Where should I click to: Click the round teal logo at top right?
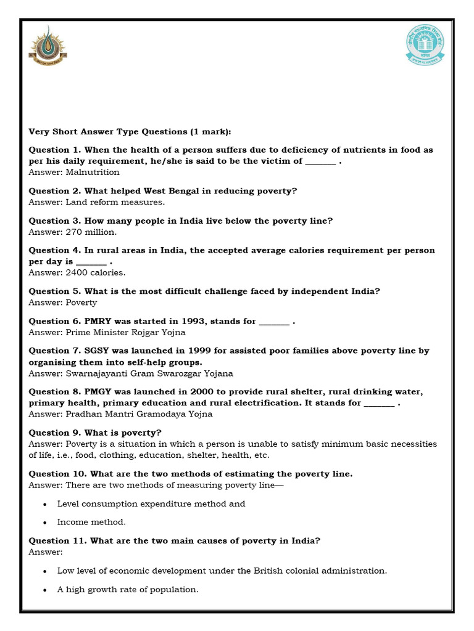pos(425,45)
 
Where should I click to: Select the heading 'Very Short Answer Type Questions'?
pos(130,132)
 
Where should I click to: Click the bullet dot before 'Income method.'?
pos(45,523)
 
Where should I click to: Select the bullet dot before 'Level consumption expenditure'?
pos(45,504)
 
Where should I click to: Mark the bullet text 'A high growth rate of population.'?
pos(128,590)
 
